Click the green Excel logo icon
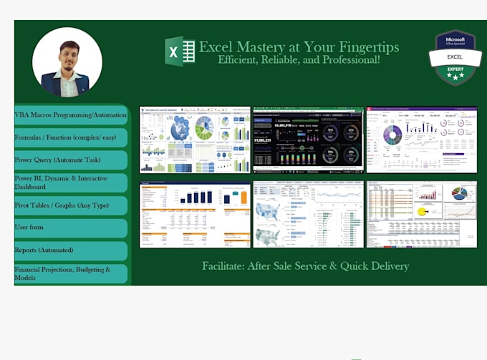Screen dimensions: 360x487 [x=180, y=52]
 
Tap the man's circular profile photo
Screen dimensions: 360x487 [x=67, y=62]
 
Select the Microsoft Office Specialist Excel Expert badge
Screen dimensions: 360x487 [x=455, y=57]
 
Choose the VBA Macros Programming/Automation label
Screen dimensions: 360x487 [x=70, y=115]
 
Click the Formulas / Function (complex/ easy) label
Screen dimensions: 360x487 [x=70, y=137]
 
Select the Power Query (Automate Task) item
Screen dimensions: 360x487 [x=70, y=160]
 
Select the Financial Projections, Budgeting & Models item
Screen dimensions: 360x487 [x=70, y=273]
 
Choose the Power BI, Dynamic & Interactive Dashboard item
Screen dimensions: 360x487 [x=70, y=183]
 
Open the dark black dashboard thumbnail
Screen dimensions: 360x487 [x=308, y=140]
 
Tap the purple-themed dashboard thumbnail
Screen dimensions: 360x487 [x=421, y=140]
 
